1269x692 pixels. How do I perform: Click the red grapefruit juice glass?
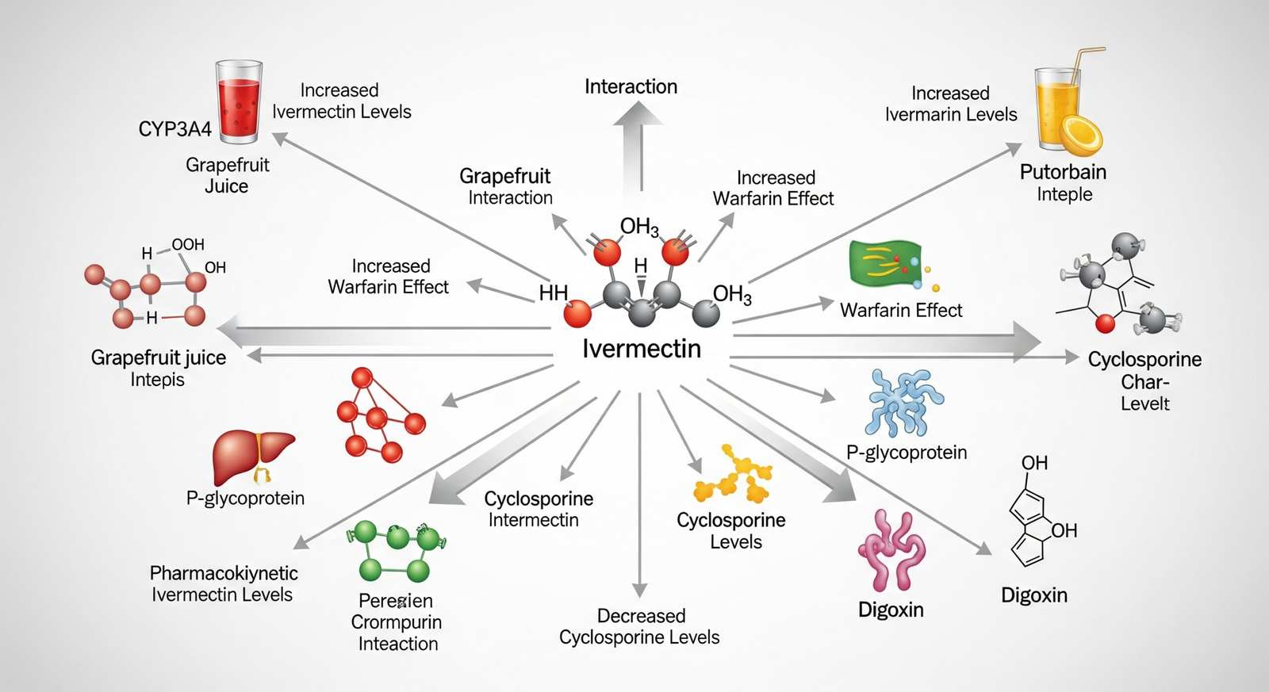(239, 103)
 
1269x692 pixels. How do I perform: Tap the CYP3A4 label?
(174, 129)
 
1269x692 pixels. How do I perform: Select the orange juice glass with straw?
(1058, 107)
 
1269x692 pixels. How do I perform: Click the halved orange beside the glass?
(1082, 135)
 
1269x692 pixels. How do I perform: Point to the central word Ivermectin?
(641, 349)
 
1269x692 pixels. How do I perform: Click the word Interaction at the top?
(631, 86)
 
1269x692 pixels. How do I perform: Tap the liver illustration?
(252, 456)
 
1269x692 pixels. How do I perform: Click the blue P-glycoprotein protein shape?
(904, 403)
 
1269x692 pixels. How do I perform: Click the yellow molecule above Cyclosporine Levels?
(733, 475)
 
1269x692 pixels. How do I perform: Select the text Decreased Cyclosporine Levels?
(639, 626)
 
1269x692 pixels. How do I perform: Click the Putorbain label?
(1063, 172)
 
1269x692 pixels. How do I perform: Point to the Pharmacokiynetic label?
(224, 573)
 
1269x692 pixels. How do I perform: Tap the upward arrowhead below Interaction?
(638, 115)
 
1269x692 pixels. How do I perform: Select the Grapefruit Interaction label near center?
(506, 186)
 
